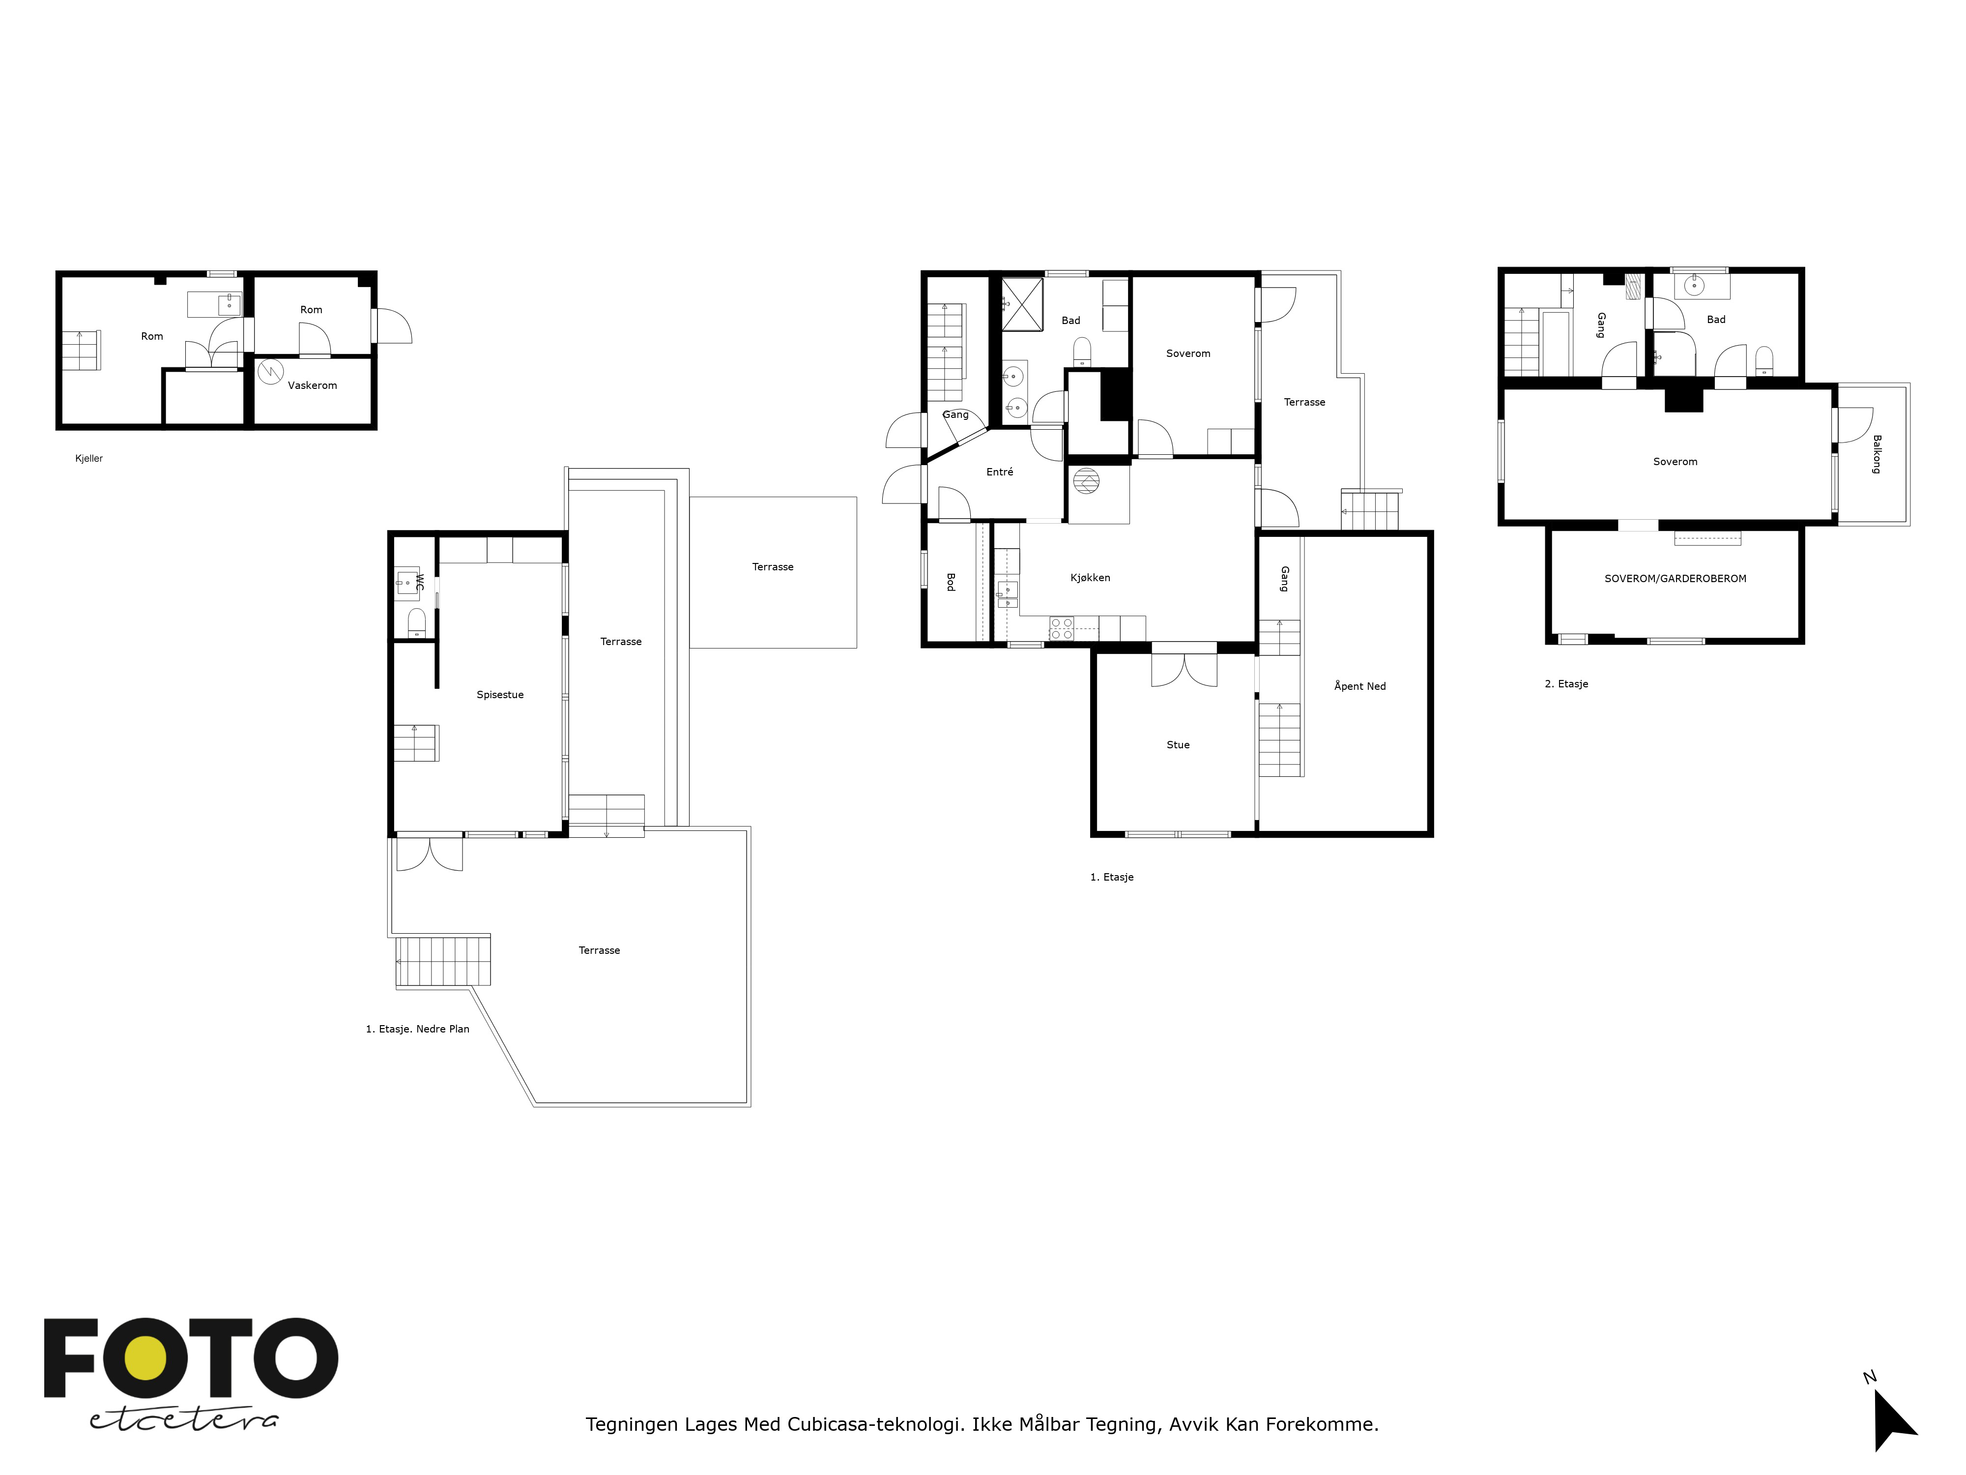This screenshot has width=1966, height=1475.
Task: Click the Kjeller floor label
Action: (x=89, y=459)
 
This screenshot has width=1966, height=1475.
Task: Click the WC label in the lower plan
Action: (x=420, y=583)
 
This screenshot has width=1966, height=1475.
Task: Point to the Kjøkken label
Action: (x=1090, y=578)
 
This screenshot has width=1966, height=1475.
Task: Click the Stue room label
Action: (x=1178, y=745)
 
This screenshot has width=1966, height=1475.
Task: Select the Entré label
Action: (x=1000, y=472)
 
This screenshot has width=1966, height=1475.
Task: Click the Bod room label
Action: (x=950, y=582)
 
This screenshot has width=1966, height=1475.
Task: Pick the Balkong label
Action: (x=1876, y=454)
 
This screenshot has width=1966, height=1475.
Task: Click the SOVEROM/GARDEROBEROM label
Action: (x=1676, y=579)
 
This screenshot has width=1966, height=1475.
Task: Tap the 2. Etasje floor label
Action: (x=1566, y=684)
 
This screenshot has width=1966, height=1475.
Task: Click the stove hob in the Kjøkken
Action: (x=1061, y=628)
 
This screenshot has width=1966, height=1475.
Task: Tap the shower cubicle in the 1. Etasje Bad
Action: (x=1022, y=304)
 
